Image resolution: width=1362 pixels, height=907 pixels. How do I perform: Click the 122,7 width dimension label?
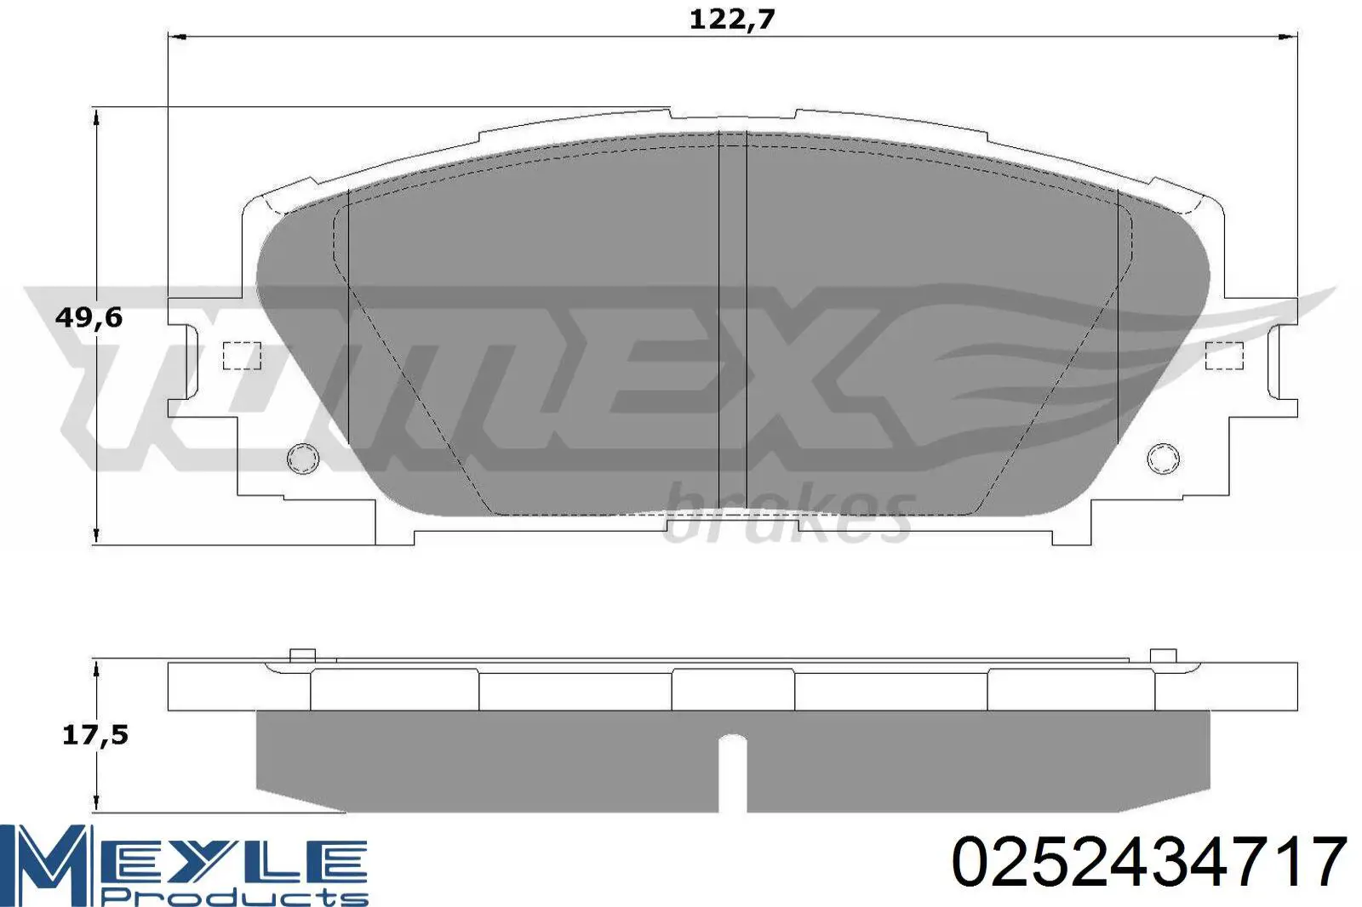click(731, 20)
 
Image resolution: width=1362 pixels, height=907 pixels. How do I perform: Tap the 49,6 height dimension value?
click(89, 317)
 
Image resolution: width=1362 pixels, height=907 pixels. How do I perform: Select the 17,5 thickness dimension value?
click(95, 736)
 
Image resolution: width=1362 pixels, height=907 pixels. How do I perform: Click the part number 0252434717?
click(1148, 863)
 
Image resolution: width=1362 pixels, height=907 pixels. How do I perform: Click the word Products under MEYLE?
click(237, 898)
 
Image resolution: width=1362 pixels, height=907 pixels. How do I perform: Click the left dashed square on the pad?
click(242, 356)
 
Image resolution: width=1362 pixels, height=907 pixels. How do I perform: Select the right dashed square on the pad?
click(1225, 356)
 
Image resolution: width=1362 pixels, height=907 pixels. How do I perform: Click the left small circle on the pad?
click(303, 459)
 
